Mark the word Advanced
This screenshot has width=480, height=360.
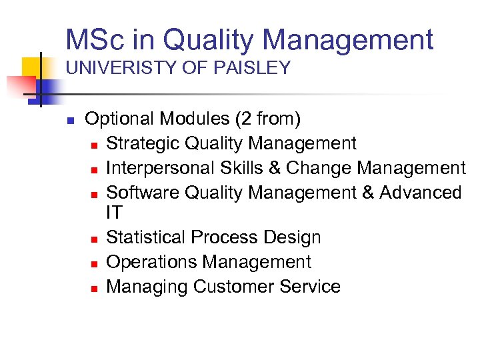click(x=420, y=193)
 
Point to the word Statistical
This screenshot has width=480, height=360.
click(x=146, y=237)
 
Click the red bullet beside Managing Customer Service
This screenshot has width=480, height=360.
click(x=95, y=288)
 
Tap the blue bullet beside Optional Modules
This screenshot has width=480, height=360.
click(x=69, y=121)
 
